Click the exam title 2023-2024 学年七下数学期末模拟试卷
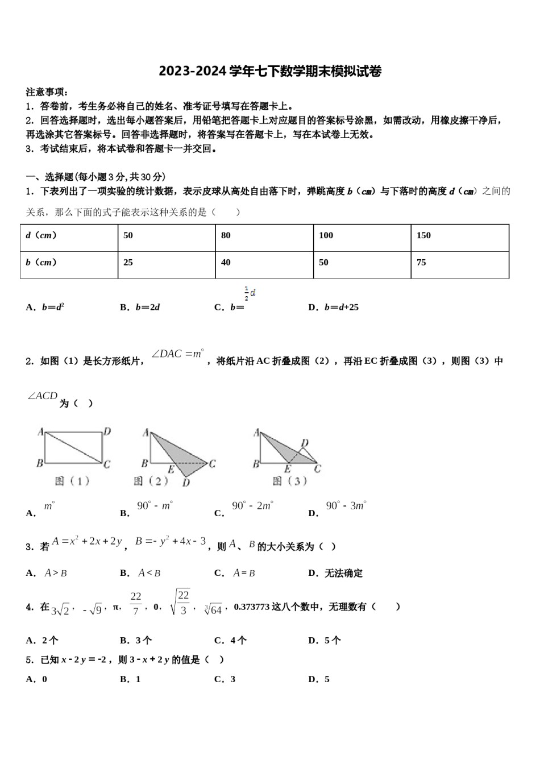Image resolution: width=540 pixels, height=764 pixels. (x=270, y=71)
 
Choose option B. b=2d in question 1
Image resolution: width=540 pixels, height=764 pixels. (x=140, y=308)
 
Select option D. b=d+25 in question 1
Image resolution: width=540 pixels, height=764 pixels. (x=333, y=308)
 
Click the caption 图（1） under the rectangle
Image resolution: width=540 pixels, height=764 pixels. (x=72, y=481)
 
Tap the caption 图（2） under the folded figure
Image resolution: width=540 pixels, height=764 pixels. (x=151, y=481)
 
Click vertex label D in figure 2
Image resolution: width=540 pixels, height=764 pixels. (x=186, y=483)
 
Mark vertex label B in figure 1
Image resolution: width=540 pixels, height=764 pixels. (x=40, y=463)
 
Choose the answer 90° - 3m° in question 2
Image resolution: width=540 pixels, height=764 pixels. (x=346, y=506)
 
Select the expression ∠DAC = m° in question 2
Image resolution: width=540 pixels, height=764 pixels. (x=177, y=354)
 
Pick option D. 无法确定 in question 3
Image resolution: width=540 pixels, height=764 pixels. (x=335, y=573)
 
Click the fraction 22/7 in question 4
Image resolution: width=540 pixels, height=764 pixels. (x=135, y=604)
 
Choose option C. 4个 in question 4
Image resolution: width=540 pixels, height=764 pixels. (x=230, y=641)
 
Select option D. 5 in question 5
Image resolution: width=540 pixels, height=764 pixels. (x=319, y=679)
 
